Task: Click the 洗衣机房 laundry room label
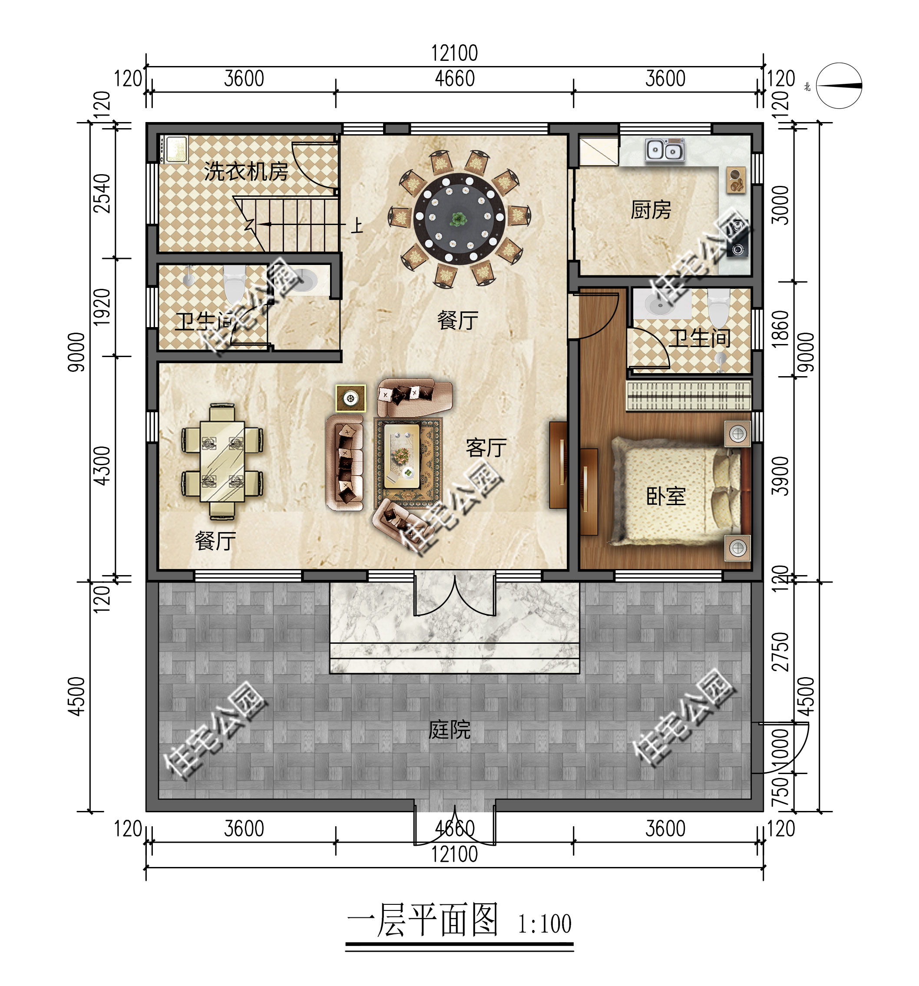click(x=246, y=172)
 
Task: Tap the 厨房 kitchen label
click(x=651, y=209)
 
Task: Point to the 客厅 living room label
click(x=486, y=448)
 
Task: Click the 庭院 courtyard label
click(x=450, y=730)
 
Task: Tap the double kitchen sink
click(x=665, y=149)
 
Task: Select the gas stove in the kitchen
click(x=738, y=238)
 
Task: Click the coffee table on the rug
click(x=402, y=456)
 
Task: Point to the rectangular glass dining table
click(x=223, y=461)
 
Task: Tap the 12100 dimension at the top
click(x=454, y=53)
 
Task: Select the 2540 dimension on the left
click(x=102, y=193)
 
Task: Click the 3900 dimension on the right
click(x=780, y=476)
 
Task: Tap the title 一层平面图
click(x=423, y=920)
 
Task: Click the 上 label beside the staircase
click(x=357, y=226)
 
